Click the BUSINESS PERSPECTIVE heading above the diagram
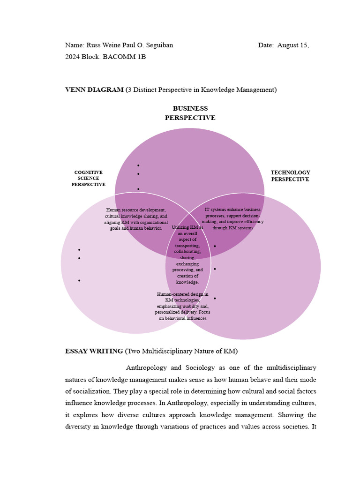click(190, 113)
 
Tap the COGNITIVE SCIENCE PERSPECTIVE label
click(88, 179)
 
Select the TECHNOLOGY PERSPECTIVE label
click(290, 176)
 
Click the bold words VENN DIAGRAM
click(94, 90)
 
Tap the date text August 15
click(293, 45)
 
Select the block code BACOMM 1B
click(124, 57)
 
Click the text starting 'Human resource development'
click(135, 219)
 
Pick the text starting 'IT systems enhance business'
click(232, 218)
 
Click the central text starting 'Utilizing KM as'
click(187, 255)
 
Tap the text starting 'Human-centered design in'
click(182, 306)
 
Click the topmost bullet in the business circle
click(138, 165)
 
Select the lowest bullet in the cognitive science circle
click(79, 280)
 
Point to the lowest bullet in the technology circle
click(215, 298)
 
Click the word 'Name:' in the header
click(74, 45)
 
